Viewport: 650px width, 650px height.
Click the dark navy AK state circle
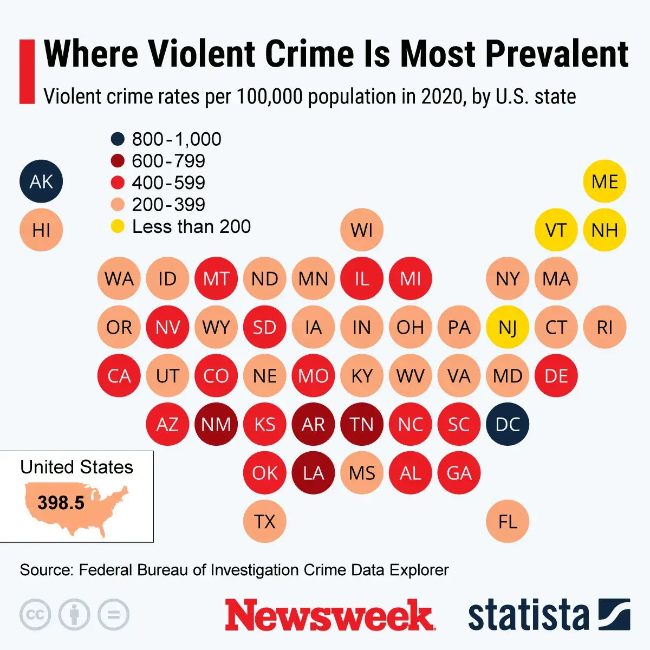(x=41, y=181)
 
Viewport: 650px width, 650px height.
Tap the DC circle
(x=508, y=424)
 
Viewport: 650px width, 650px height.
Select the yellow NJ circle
(x=508, y=327)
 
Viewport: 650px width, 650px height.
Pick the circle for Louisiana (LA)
(x=313, y=473)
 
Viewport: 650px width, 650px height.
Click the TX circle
(x=264, y=522)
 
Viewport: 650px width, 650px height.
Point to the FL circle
(x=508, y=522)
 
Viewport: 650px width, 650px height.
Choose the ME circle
(x=604, y=181)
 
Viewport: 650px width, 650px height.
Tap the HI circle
(x=41, y=230)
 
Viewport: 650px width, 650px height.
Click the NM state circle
(x=216, y=424)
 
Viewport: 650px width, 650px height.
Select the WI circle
(x=362, y=230)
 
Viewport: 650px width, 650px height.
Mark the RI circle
(x=604, y=327)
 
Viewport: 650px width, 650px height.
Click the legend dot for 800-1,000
(x=118, y=139)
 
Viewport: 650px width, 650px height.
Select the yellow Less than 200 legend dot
(x=118, y=226)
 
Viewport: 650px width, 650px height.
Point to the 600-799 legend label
(x=168, y=161)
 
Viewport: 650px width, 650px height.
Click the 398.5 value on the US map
(x=61, y=503)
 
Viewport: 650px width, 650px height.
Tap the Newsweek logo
(x=329, y=615)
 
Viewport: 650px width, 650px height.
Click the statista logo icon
(x=614, y=615)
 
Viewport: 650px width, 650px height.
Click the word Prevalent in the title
(x=556, y=54)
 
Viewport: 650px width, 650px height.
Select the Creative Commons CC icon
(x=35, y=615)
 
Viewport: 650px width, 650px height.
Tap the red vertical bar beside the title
(x=27, y=71)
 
